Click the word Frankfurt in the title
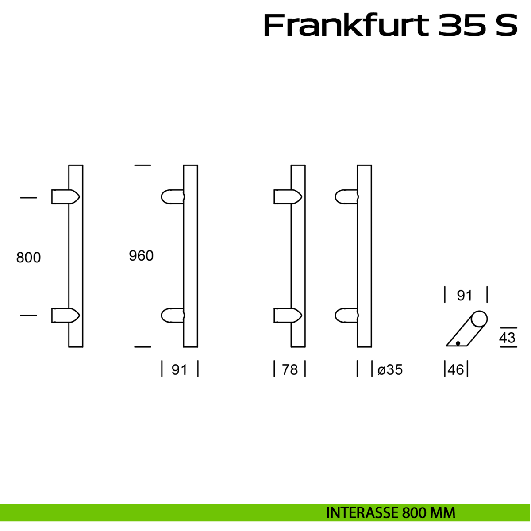tap(346, 26)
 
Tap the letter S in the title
tap(506, 26)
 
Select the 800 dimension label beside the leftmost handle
tap(28, 258)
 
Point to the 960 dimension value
tap(141, 256)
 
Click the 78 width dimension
tap(290, 369)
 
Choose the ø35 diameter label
tap(390, 369)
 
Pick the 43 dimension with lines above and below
tap(508, 338)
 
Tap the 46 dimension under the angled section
tap(456, 369)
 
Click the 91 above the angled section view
tap(465, 296)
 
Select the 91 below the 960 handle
tap(179, 369)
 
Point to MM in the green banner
tap(443, 513)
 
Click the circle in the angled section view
tap(479, 319)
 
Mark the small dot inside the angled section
tap(458, 343)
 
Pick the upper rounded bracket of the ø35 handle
tap(346, 197)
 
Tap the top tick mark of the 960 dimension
tap(142, 165)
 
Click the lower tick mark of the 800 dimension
tap(28, 315)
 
